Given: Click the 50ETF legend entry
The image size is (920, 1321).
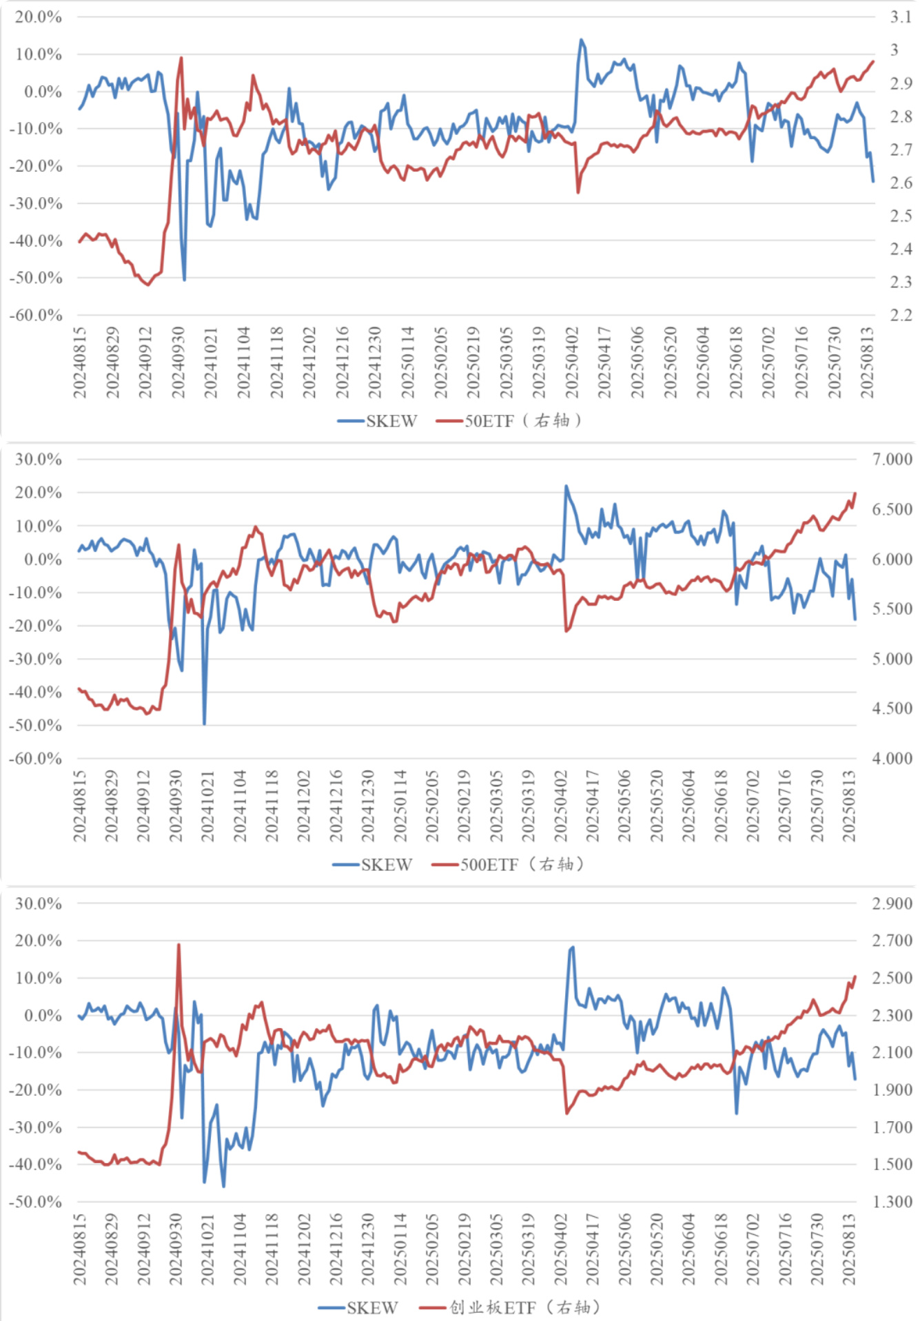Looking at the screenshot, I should (x=510, y=420).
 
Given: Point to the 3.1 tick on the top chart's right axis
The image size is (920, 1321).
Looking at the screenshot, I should (x=900, y=17).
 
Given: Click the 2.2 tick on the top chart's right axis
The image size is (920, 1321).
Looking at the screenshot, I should (x=900, y=315).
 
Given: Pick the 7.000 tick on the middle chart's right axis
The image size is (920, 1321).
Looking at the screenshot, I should (x=892, y=459).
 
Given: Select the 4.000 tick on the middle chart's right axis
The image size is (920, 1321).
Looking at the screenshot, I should (x=892, y=758).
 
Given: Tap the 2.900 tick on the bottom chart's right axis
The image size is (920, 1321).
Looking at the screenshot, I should (x=892, y=903).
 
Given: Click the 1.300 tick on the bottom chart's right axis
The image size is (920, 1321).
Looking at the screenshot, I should (x=892, y=1201).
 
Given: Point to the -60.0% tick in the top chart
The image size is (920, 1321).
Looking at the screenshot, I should (x=36, y=315).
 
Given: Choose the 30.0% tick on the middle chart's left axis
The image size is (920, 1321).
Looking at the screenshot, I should (x=39, y=459).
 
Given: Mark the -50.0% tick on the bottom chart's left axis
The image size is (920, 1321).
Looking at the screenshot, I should (x=36, y=1201).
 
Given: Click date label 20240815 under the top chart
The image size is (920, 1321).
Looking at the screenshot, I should (x=80, y=362).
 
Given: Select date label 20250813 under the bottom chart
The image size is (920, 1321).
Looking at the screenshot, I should (x=849, y=1249).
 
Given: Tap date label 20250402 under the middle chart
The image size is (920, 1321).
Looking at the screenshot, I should (x=561, y=806).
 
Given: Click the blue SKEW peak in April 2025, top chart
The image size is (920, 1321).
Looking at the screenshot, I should (x=581, y=40).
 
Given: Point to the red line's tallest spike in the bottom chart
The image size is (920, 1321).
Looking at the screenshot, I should (x=178, y=945).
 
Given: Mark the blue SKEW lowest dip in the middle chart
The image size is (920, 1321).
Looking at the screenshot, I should (x=204, y=724).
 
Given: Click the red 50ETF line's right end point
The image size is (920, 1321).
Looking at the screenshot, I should (x=873, y=61).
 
